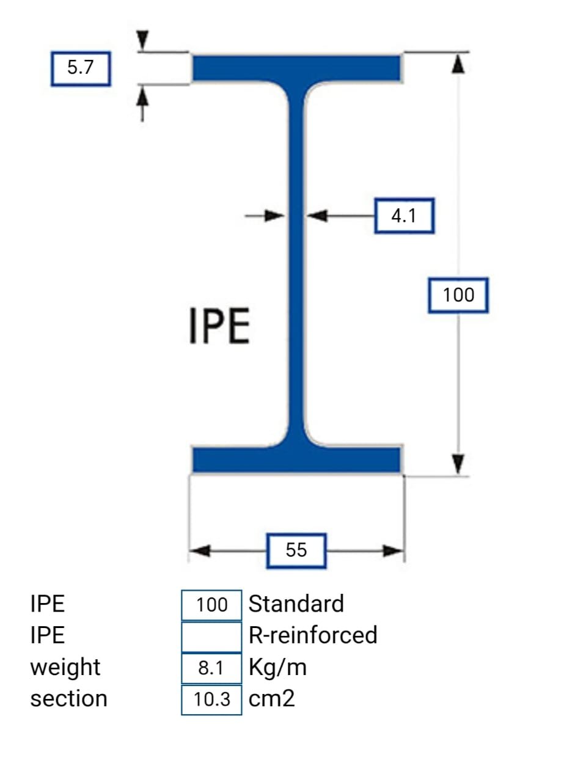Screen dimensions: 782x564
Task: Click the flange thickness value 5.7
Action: click(x=80, y=68)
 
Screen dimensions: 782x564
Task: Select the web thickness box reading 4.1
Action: click(x=403, y=216)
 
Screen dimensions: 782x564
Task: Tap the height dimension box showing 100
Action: click(x=458, y=296)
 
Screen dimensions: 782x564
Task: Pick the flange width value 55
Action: click(x=296, y=550)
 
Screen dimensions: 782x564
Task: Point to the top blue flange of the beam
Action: click(x=296, y=68)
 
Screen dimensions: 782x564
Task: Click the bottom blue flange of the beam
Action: click(x=296, y=459)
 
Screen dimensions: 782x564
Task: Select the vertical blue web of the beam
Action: click(x=296, y=263)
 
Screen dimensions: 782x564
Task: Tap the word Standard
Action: click(x=296, y=604)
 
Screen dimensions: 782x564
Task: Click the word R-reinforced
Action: click(x=313, y=635)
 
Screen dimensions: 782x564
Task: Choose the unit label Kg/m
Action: click(x=277, y=667)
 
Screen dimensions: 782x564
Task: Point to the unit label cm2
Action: click(x=272, y=698)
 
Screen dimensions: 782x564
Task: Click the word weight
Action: click(x=65, y=667)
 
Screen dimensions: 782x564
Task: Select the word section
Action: click(x=68, y=698)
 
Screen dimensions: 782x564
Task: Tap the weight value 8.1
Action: click(x=211, y=668)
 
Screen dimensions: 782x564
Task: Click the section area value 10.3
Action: click(x=211, y=700)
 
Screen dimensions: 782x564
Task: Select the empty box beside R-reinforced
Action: click(x=211, y=636)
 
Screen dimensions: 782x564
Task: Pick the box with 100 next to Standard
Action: click(x=211, y=605)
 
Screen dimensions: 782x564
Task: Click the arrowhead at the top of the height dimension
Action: click(x=457, y=63)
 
